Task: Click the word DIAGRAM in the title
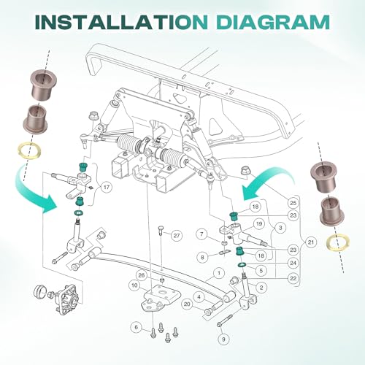273,22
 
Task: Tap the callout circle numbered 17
107,188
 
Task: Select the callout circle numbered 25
293,202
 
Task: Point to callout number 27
177,236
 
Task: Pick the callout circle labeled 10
134,285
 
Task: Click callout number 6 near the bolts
136,327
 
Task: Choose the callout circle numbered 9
223,339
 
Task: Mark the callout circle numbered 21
311,242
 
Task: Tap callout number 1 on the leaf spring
219,273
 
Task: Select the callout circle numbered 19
259,223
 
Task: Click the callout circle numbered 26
142,275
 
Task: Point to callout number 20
187,304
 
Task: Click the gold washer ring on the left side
29,151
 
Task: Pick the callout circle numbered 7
201,234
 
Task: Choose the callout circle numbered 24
293,264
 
